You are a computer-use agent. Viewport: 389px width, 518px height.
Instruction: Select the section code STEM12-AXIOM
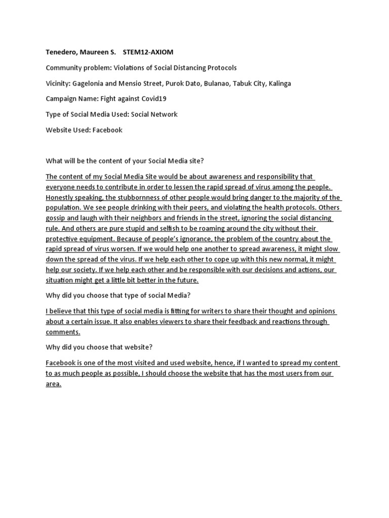pos(148,52)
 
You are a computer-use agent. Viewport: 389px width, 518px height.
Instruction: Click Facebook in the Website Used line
pos(107,130)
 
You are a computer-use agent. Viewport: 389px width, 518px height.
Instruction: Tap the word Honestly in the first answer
pos(61,197)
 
